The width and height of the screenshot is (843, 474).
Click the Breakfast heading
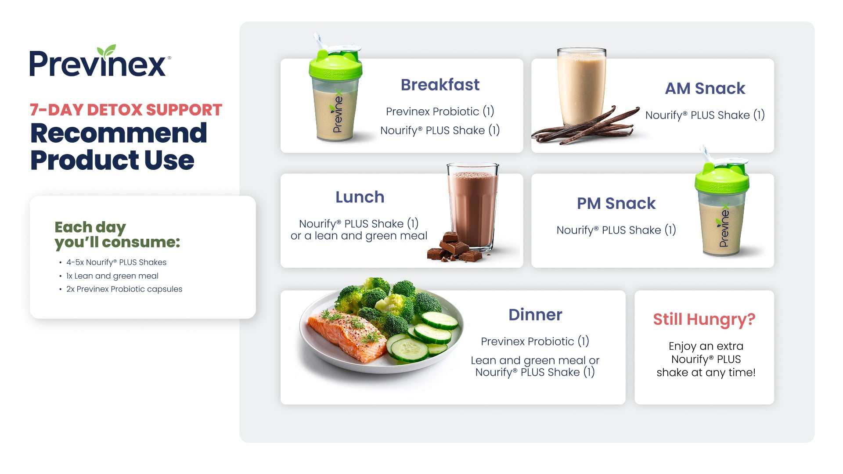pyautogui.click(x=440, y=85)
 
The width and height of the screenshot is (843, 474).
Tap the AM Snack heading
pyautogui.click(x=705, y=88)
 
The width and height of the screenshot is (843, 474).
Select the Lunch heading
pyautogui.click(x=360, y=197)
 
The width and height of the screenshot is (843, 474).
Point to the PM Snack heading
pyautogui.click(x=616, y=203)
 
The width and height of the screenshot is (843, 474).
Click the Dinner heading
pyautogui.click(x=535, y=315)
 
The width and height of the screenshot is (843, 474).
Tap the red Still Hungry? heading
pyautogui.click(x=704, y=319)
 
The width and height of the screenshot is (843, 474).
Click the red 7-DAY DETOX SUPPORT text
pyautogui.click(x=126, y=110)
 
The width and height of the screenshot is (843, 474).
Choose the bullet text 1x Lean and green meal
pyautogui.click(x=112, y=276)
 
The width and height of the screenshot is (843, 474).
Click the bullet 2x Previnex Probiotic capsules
pyautogui.click(x=124, y=289)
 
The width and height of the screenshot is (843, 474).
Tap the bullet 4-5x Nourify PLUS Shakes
pyautogui.click(x=116, y=262)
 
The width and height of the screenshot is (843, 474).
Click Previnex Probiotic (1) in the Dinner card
pyautogui.click(x=535, y=341)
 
